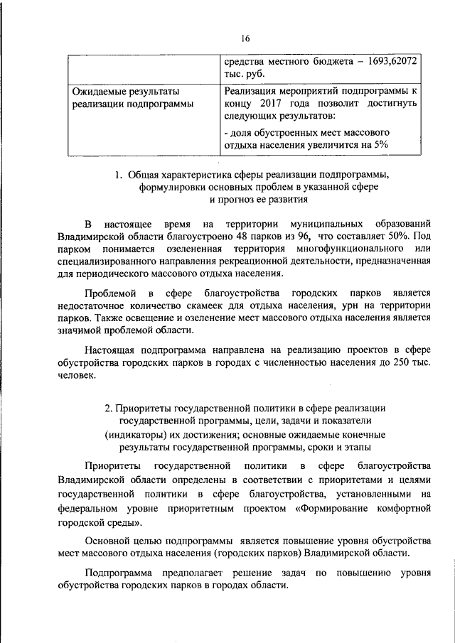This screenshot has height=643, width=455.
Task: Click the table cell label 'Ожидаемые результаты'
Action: [124, 91]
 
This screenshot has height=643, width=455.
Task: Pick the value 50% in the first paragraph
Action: [397, 234]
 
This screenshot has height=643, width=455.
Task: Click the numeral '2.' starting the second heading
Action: [109, 409]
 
